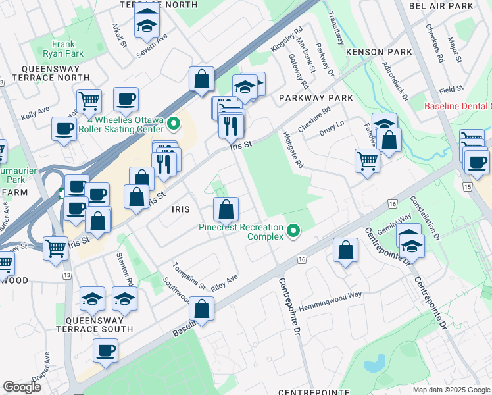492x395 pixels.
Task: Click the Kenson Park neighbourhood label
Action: coord(378,52)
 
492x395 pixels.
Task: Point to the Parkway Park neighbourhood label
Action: coord(315,97)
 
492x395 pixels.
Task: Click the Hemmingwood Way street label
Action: coord(330,294)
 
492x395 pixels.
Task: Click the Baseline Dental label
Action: coord(458,107)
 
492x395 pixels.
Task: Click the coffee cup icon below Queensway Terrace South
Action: coord(105,350)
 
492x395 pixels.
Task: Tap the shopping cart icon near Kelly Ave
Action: coord(89,101)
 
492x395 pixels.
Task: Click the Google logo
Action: coord(22,387)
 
